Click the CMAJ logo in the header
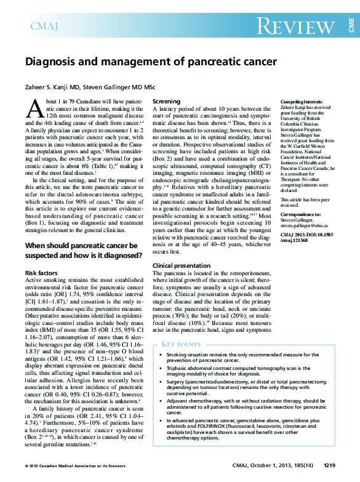44,26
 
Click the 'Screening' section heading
166,101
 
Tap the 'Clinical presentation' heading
182,265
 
